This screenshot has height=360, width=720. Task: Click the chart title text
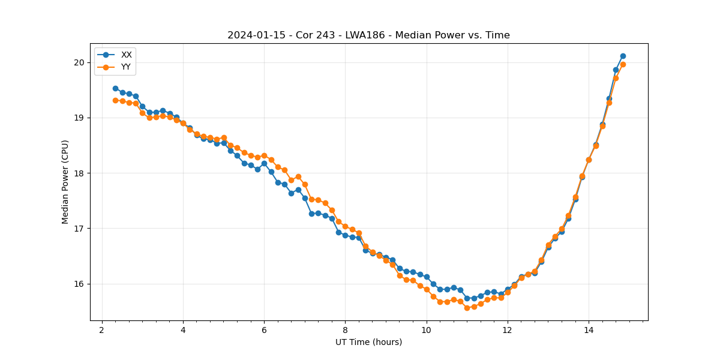(x=368, y=35)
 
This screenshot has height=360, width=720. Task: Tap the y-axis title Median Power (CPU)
(x=65, y=182)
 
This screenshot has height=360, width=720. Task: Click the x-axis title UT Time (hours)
(x=368, y=342)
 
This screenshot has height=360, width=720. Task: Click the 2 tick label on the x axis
(x=102, y=330)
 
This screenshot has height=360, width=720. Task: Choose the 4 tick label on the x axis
(x=183, y=330)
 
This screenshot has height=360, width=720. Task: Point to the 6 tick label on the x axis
(x=264, y=330)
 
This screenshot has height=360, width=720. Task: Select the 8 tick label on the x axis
(x=345, y=330)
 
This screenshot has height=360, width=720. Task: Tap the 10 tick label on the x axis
(x=426, y=330)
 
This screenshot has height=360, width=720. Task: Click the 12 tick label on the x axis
(x=507, y=330)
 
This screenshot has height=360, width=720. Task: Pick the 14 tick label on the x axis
(x=589, y=330)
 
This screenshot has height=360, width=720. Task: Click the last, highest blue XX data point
(x=623, y=56)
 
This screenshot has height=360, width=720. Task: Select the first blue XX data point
(x=115, y=88)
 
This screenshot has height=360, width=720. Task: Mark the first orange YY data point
(x=115, y=100)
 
